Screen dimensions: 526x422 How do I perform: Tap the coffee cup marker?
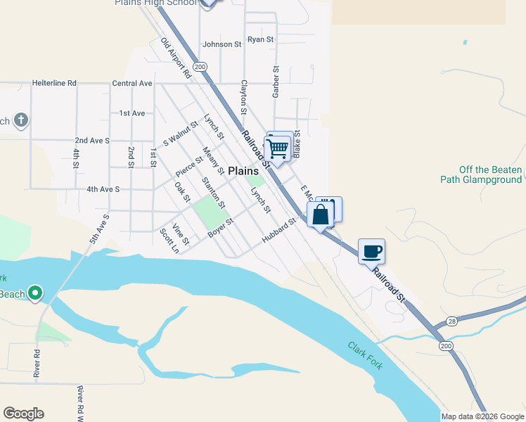[x=371, y=250]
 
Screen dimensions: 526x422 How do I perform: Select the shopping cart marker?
[x=278, y=148]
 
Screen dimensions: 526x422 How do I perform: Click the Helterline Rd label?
[x=54, y=83]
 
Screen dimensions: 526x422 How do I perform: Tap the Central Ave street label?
[x=132, y=83]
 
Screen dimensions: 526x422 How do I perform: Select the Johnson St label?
[x=222, y=44]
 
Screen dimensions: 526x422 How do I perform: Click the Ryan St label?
[x=260, y=39]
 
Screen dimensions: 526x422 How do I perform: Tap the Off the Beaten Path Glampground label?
[x=490, y=174]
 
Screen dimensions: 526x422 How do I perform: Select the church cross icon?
[x=21, y=120]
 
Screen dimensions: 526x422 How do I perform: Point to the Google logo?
[x=23, y=414]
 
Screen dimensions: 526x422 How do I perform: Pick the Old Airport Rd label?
[x=176, y=58]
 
